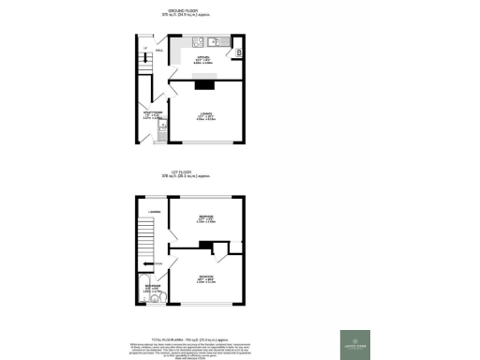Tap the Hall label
point(160,51)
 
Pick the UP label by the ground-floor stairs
point(145,48)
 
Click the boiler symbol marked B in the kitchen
point(239,52)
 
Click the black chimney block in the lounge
point(203,84)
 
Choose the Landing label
point(155,214)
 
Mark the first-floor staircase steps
point(146,244)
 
